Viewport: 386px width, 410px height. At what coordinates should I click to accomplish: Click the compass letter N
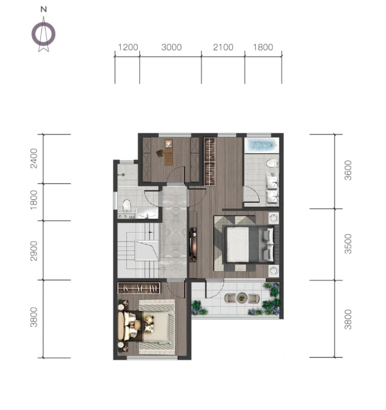pos(43,10)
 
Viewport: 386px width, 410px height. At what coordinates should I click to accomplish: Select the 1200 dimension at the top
pos(128,47)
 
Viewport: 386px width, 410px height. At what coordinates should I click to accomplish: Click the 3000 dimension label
pos(172,47)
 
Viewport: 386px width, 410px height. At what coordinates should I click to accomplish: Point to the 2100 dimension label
pos(223,47)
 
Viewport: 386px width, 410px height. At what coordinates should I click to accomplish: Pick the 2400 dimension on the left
pos(34,158)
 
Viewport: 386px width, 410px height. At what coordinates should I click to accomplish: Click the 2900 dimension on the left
pos(34,251)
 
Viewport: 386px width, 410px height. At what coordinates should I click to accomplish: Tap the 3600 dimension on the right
pos(348,171)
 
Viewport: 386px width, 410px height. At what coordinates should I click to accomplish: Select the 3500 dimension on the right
pos(348,244)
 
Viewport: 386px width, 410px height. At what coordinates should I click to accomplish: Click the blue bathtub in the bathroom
pos(262,145)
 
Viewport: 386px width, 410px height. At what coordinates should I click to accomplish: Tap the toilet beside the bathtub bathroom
pos(273,163)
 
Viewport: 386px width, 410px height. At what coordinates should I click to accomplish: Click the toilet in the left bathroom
pos(126,206)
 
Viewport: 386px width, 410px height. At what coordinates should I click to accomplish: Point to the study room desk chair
pos(160,153)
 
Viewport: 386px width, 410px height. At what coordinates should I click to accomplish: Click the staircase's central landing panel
pos(147,251)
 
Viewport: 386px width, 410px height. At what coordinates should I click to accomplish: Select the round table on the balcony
pos(242,298)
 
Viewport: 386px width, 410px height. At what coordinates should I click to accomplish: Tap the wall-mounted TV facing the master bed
pos(193,244)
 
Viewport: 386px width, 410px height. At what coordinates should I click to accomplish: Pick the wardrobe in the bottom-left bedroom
pos(139,288)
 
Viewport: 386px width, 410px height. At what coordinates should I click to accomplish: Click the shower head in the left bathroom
pos(122,175)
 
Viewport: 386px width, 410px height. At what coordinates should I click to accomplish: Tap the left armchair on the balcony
pos(230,298)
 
